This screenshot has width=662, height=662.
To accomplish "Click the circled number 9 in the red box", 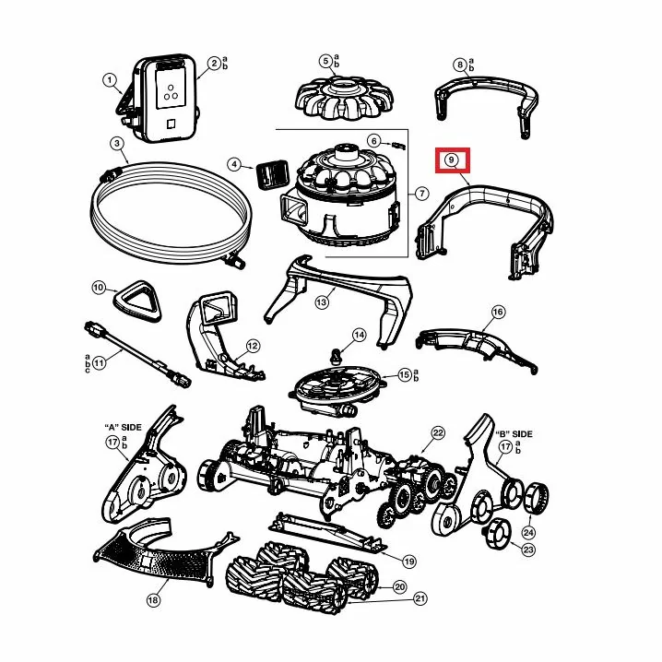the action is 452,160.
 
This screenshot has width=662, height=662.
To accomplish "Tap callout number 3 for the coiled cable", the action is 117,144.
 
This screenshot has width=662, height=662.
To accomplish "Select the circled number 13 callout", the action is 322,302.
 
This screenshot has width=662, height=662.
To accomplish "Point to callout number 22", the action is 438,432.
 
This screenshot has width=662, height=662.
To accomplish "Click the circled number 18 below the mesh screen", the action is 154,600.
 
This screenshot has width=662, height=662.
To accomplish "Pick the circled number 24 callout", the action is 528,532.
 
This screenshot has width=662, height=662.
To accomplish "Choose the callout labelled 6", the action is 373,140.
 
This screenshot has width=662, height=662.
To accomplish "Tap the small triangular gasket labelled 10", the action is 137,301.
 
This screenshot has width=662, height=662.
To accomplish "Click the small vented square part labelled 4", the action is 271,175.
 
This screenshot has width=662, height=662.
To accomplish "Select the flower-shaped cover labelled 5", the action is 345,99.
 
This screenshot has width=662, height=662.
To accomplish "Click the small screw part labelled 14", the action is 337,356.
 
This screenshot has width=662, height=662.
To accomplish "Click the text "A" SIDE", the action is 123,427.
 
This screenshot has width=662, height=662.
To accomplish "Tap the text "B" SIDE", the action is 514,434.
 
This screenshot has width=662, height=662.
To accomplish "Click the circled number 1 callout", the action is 110,80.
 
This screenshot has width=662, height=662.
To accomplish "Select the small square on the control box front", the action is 171,124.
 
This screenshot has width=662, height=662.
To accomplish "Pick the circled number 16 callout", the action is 498,312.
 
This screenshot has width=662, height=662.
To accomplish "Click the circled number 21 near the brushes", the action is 420,598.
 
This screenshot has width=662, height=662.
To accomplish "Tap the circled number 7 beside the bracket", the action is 421,194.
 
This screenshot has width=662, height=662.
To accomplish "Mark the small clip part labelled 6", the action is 398,146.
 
